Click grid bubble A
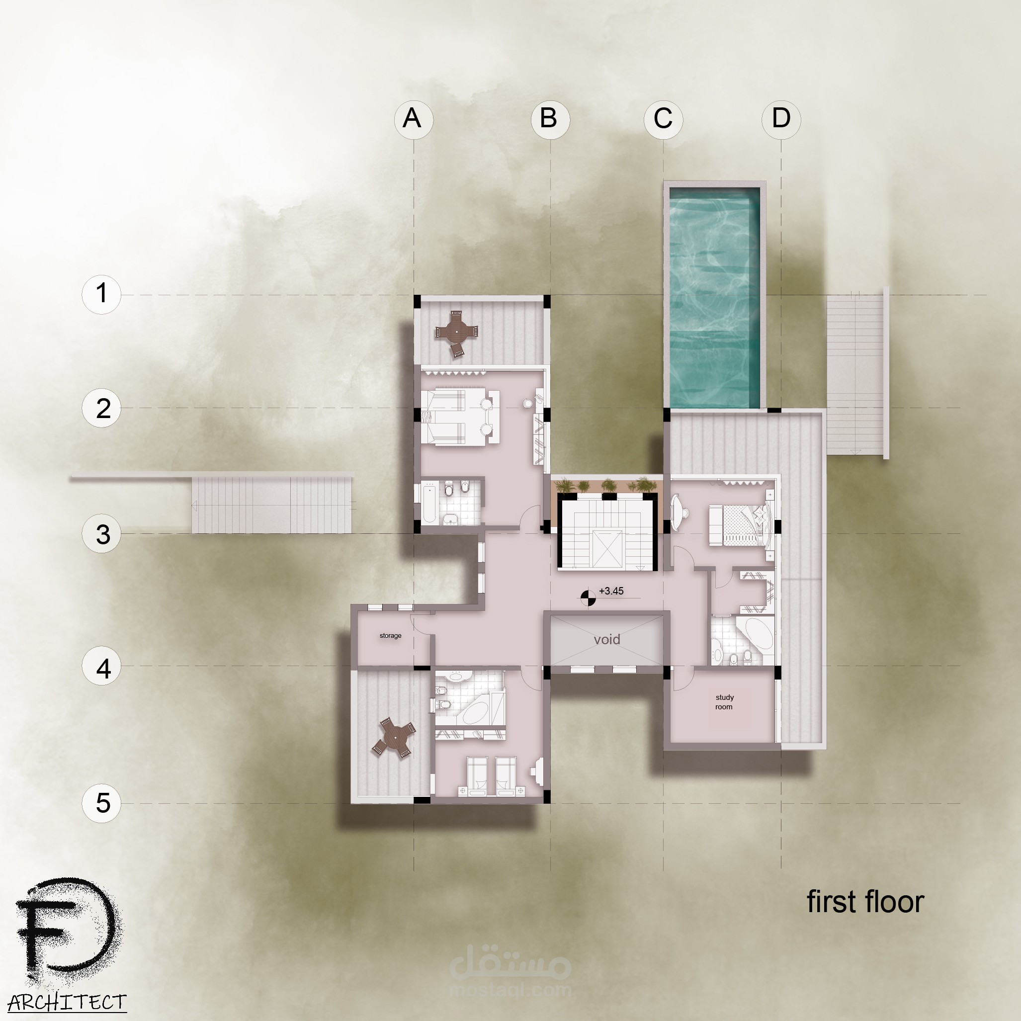413,119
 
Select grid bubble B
550,119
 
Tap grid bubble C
663,119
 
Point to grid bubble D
781,119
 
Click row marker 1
101,294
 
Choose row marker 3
101,533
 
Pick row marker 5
101,803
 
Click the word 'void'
606,639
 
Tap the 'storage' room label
391,636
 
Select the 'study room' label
724,702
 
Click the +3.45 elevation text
611,591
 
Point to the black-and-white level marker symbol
588,597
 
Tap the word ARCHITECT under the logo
67,1002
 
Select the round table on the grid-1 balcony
455,332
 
